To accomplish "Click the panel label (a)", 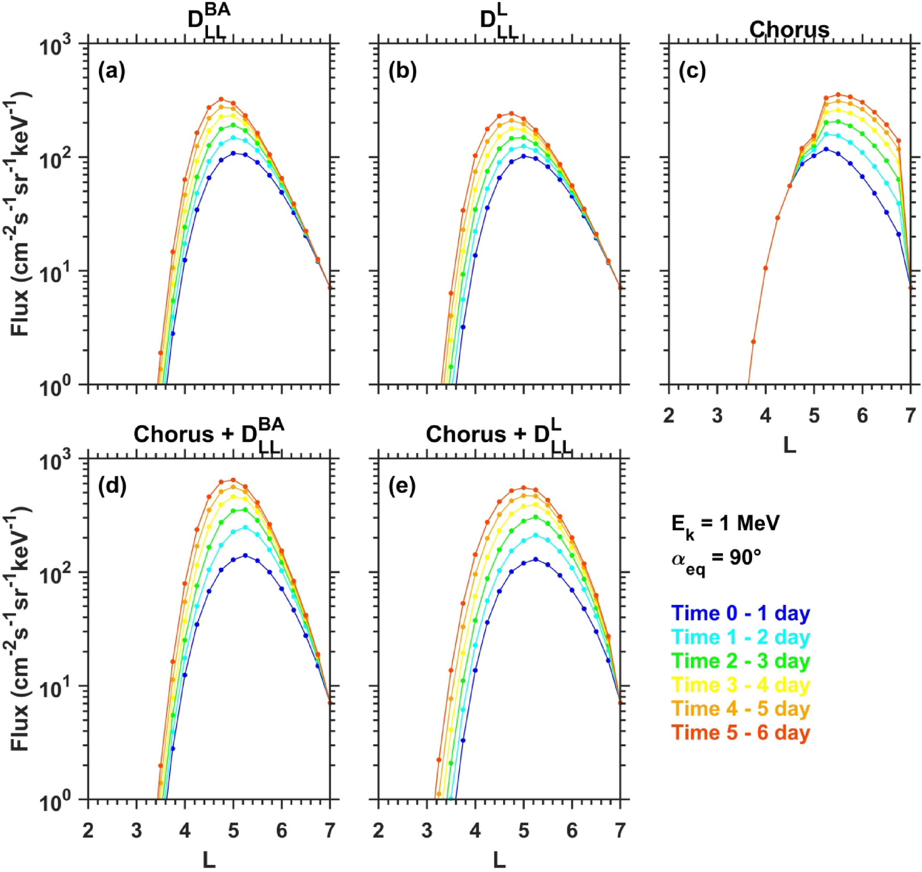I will (x=112, y=72).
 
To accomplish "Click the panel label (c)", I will (x=692, y=72).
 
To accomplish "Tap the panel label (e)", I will (x=402, y=487).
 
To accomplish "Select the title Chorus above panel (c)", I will (x=789, y=29).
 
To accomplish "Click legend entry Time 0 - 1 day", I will (x=741, y=613).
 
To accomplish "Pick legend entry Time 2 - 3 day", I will (x=741, y=661).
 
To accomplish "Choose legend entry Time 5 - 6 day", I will (x=741, y=733).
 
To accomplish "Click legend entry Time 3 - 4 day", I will (x=741, y=685).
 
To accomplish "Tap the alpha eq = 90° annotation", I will (x=716, y=559).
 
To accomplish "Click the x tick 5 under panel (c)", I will (x=814, y=416).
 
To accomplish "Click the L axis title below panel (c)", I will (x=789, y=446).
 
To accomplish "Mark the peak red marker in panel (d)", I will (x=233, y=480).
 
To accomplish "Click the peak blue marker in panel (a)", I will (x=233, y=153).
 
